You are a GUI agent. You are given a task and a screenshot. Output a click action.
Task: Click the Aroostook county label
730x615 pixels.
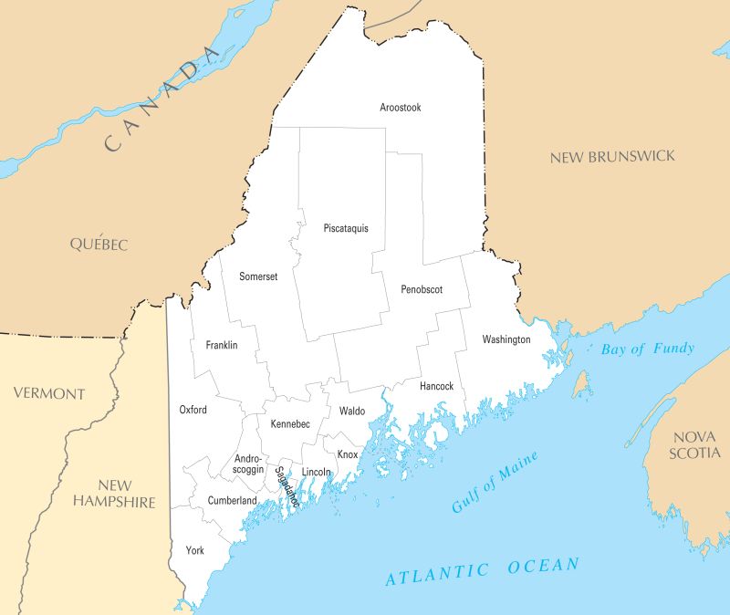401,108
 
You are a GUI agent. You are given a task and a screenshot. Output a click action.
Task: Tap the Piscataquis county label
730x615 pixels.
346,228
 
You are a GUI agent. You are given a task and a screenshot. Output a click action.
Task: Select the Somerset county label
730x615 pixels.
258,276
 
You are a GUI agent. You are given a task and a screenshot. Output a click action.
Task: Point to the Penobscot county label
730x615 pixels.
422,290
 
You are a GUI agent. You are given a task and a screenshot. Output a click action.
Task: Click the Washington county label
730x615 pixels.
506,339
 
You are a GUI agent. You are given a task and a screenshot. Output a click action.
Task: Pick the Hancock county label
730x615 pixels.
436,386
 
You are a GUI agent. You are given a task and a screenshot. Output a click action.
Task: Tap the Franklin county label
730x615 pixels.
222,345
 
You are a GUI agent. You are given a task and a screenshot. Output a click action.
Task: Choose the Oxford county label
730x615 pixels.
193,410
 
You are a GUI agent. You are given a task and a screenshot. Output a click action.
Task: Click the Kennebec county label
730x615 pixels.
290,424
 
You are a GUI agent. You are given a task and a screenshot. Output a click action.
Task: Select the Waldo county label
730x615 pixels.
352,412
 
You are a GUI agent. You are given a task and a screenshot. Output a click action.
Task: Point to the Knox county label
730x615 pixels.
348,454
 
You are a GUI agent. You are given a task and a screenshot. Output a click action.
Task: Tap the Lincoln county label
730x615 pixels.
316,472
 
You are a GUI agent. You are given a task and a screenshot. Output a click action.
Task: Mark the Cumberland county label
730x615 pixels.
232,500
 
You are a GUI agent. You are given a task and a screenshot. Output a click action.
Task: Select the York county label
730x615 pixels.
194,550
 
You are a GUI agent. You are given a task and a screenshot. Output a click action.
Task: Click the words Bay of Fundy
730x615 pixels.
648,349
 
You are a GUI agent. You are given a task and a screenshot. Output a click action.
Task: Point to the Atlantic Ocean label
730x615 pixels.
482,571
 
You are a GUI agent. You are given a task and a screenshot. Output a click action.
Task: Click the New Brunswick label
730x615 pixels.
612,157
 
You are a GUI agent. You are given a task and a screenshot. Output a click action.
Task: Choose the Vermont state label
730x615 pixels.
48,394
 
